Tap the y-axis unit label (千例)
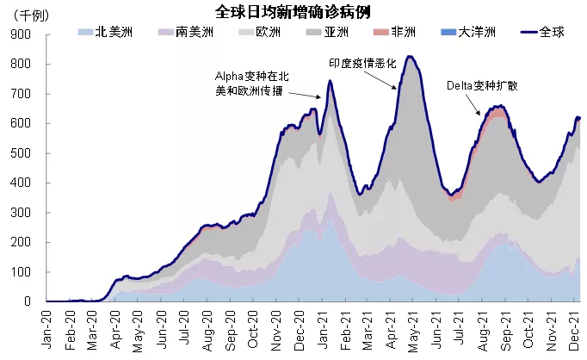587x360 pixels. (28, 16)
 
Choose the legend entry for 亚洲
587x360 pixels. (326, 33)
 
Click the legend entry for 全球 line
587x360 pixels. (540, 33)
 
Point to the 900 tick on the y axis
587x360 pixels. (22, 34)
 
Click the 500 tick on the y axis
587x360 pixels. (22, 153)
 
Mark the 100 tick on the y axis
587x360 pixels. (22, 272)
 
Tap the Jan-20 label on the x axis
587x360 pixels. (47, 328)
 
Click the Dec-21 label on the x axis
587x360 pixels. (571, 328)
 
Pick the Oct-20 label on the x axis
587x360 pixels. (252, 328)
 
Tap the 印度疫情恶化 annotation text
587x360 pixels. (362, 63)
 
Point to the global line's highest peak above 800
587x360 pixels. (410, 57)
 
